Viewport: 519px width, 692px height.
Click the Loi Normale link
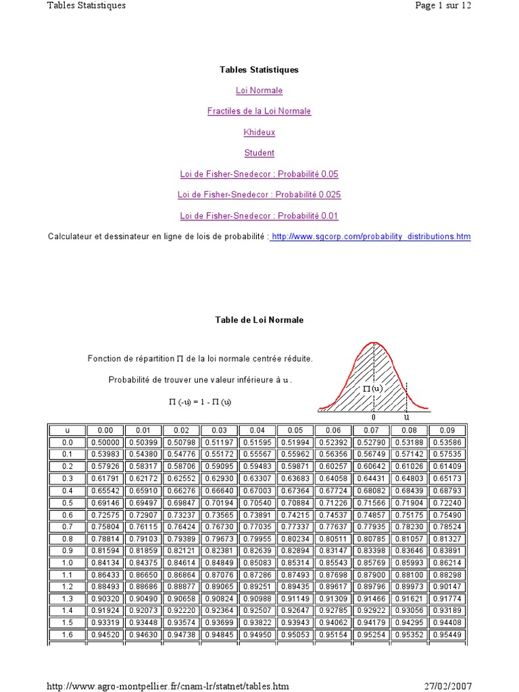(x=259, y=91)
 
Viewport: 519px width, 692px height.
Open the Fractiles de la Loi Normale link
(x=259, y=112)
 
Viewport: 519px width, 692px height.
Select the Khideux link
(x=259, y=132)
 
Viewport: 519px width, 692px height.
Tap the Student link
(x=259, y=153)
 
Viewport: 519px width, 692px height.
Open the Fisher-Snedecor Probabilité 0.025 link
(x=259, y=195)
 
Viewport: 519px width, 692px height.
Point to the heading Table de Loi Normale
(x=259, y=320)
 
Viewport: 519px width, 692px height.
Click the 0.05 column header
(x=295, y=430)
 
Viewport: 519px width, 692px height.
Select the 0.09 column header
(x=447, y=430)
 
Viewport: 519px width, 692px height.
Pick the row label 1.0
(x=67, y=562)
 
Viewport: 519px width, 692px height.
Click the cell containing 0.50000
(x=105, y=441)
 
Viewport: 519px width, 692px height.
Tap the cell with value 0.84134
(x=105, y=562)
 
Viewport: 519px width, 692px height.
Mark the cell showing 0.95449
(x=447, y=635)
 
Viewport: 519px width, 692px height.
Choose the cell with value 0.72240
(x=447, y=502)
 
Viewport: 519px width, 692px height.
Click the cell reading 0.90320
(x=105, y=598)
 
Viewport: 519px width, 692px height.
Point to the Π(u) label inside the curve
(x=372, y=389)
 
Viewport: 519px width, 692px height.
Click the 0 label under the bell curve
(x=374, y=418)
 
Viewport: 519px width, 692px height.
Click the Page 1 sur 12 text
(x=443, y=5)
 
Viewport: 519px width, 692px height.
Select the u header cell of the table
(x=67, y=430)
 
